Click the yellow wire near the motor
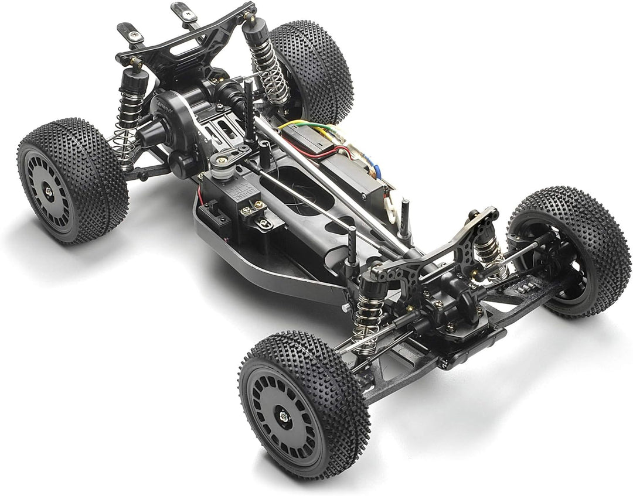pos(293,125)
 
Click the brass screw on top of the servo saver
pos(222,160)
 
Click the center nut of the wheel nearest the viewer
pos(284,416)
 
